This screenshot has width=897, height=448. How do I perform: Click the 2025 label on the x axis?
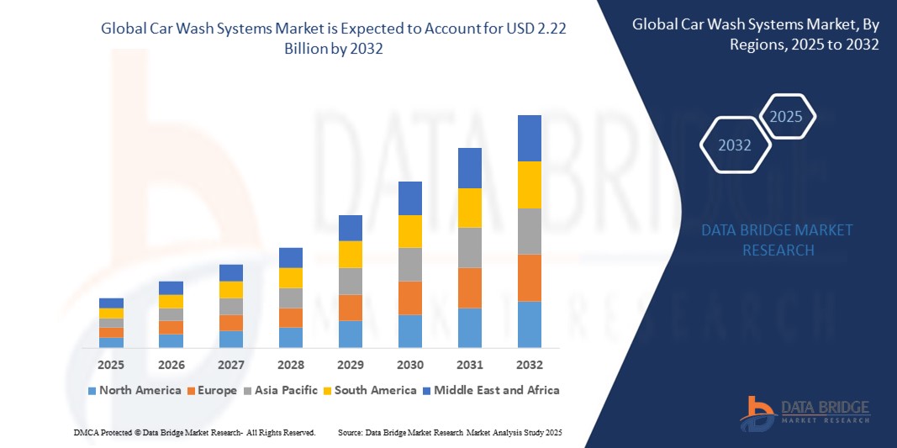(111, 365)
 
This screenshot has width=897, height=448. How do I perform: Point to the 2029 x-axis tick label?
(351, 365)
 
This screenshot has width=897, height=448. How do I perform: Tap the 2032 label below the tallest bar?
(530, 365)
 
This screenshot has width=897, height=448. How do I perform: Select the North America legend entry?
(134, 390)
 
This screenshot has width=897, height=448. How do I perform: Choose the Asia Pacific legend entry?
(281, 390)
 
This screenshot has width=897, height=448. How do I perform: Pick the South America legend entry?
(371, 390)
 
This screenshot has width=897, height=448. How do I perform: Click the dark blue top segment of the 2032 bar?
(530, 138)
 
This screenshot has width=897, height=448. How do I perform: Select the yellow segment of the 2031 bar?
(470, 208)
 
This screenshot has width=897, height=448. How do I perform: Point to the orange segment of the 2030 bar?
(410, 298)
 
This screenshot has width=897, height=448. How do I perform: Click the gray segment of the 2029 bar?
(351, 281)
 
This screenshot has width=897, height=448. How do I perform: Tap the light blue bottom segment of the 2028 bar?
(291, 337)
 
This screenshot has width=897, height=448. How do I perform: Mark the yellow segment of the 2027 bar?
(231, 289)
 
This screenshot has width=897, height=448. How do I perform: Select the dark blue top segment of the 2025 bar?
(111, 303)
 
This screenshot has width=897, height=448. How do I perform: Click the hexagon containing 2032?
(735, 145)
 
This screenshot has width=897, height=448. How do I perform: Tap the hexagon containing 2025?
(786, 117)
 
